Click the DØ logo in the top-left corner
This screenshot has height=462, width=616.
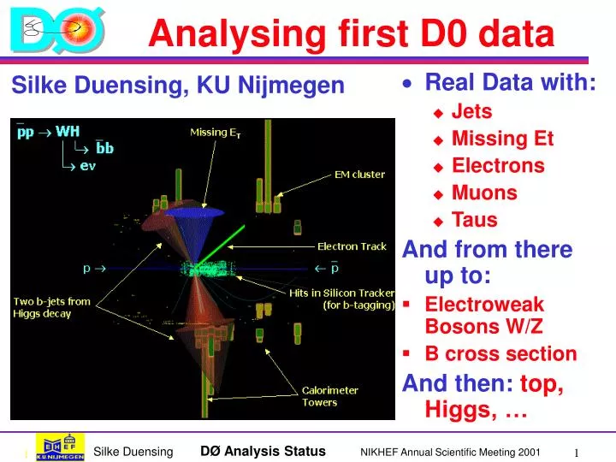(57, 32)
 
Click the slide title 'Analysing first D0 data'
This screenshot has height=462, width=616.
(351, 34)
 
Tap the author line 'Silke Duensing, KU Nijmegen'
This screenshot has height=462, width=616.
(177, 86)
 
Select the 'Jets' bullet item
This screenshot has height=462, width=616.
(471, 111)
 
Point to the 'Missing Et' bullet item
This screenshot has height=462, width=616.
(502, 139)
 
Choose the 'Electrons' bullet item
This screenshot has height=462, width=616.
(498, 166)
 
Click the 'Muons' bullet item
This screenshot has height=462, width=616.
(484, 193)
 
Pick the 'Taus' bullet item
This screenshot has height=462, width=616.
(474, 221)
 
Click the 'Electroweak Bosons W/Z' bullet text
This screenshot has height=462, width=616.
(484, 315)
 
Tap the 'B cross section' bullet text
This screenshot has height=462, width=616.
(500, 354)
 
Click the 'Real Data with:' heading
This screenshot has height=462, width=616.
(510, 83)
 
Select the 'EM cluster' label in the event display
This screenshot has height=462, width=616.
(359, 175)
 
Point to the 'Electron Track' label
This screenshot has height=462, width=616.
(352, 246)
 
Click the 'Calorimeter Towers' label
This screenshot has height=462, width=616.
(330, 396)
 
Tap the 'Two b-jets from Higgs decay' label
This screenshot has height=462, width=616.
(51, 307)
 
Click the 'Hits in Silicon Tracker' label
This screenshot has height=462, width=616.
(341, 298)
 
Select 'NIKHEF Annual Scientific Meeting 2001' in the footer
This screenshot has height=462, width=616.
(450, 452)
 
